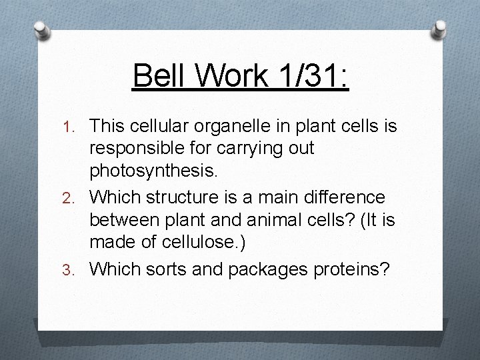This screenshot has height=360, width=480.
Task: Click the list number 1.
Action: [77, 125]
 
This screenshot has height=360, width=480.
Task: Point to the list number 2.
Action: [77, 197]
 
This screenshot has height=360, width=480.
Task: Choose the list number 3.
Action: [77, 269]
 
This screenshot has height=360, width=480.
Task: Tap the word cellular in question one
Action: [167, 125]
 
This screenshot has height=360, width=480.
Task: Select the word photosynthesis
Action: [153, 173]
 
